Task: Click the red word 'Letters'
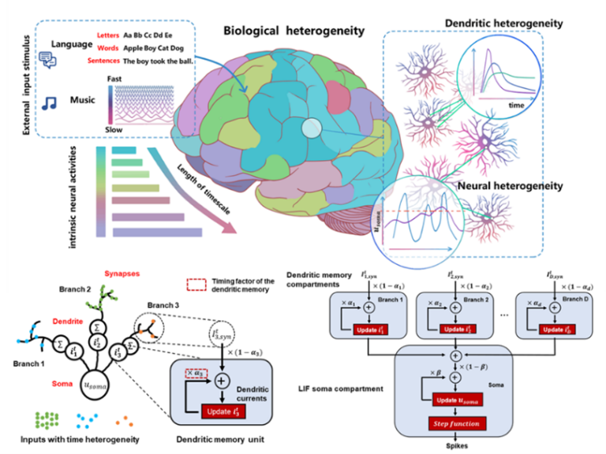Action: click(x=107, y=35)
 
